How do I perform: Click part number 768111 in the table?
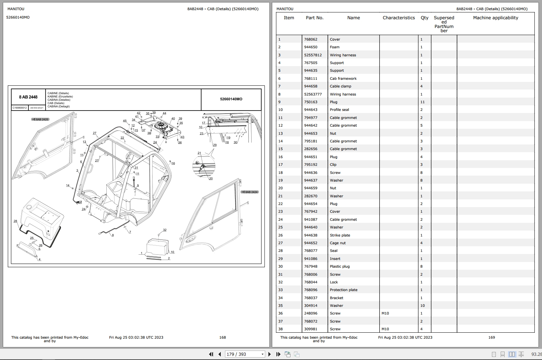[310, 79]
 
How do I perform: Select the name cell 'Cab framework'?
[343, 79]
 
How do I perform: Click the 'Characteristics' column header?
[399, 18]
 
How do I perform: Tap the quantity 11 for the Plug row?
[422, 102]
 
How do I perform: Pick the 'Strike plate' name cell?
[340, 235]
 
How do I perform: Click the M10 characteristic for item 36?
[385, 313]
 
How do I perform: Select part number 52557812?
[312, 55]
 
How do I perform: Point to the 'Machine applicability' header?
[495, 18]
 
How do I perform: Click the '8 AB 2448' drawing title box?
[28, 97]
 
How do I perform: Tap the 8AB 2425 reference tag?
[41, 120]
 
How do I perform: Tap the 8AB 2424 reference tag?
[250, 192]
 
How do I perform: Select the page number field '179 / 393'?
[244, 354]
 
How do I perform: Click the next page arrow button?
[269, 354]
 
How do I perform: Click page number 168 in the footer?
[223, 338]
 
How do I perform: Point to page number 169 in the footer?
[491, 338]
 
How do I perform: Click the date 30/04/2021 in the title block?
[36, 108]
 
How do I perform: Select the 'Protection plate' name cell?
[343, 290]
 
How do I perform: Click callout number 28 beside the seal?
[15, 221]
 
